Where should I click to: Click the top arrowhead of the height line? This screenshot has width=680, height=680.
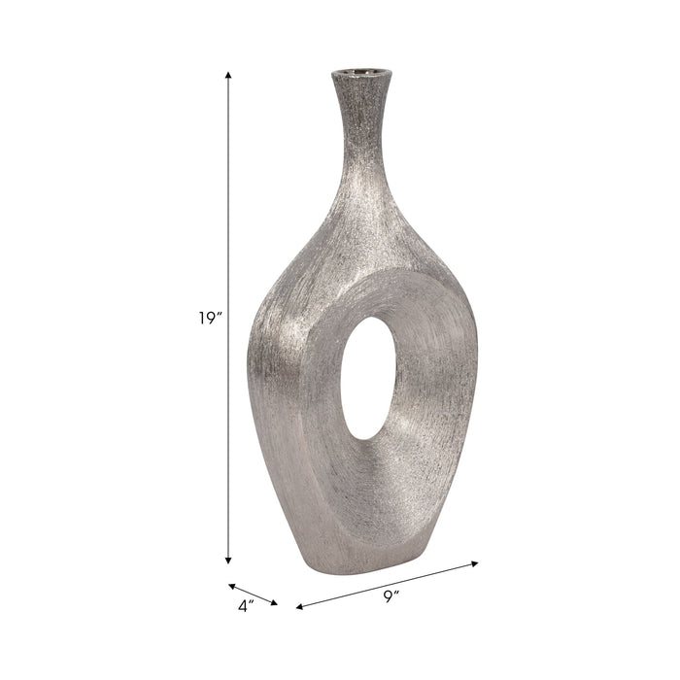(228, 75)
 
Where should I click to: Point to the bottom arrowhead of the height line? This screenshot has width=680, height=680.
(228, 560)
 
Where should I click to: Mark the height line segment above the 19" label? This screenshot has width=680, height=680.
(228, 194)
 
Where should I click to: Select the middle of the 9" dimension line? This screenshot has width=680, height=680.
(388, 585)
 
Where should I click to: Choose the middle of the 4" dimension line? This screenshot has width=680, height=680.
(254, 595)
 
